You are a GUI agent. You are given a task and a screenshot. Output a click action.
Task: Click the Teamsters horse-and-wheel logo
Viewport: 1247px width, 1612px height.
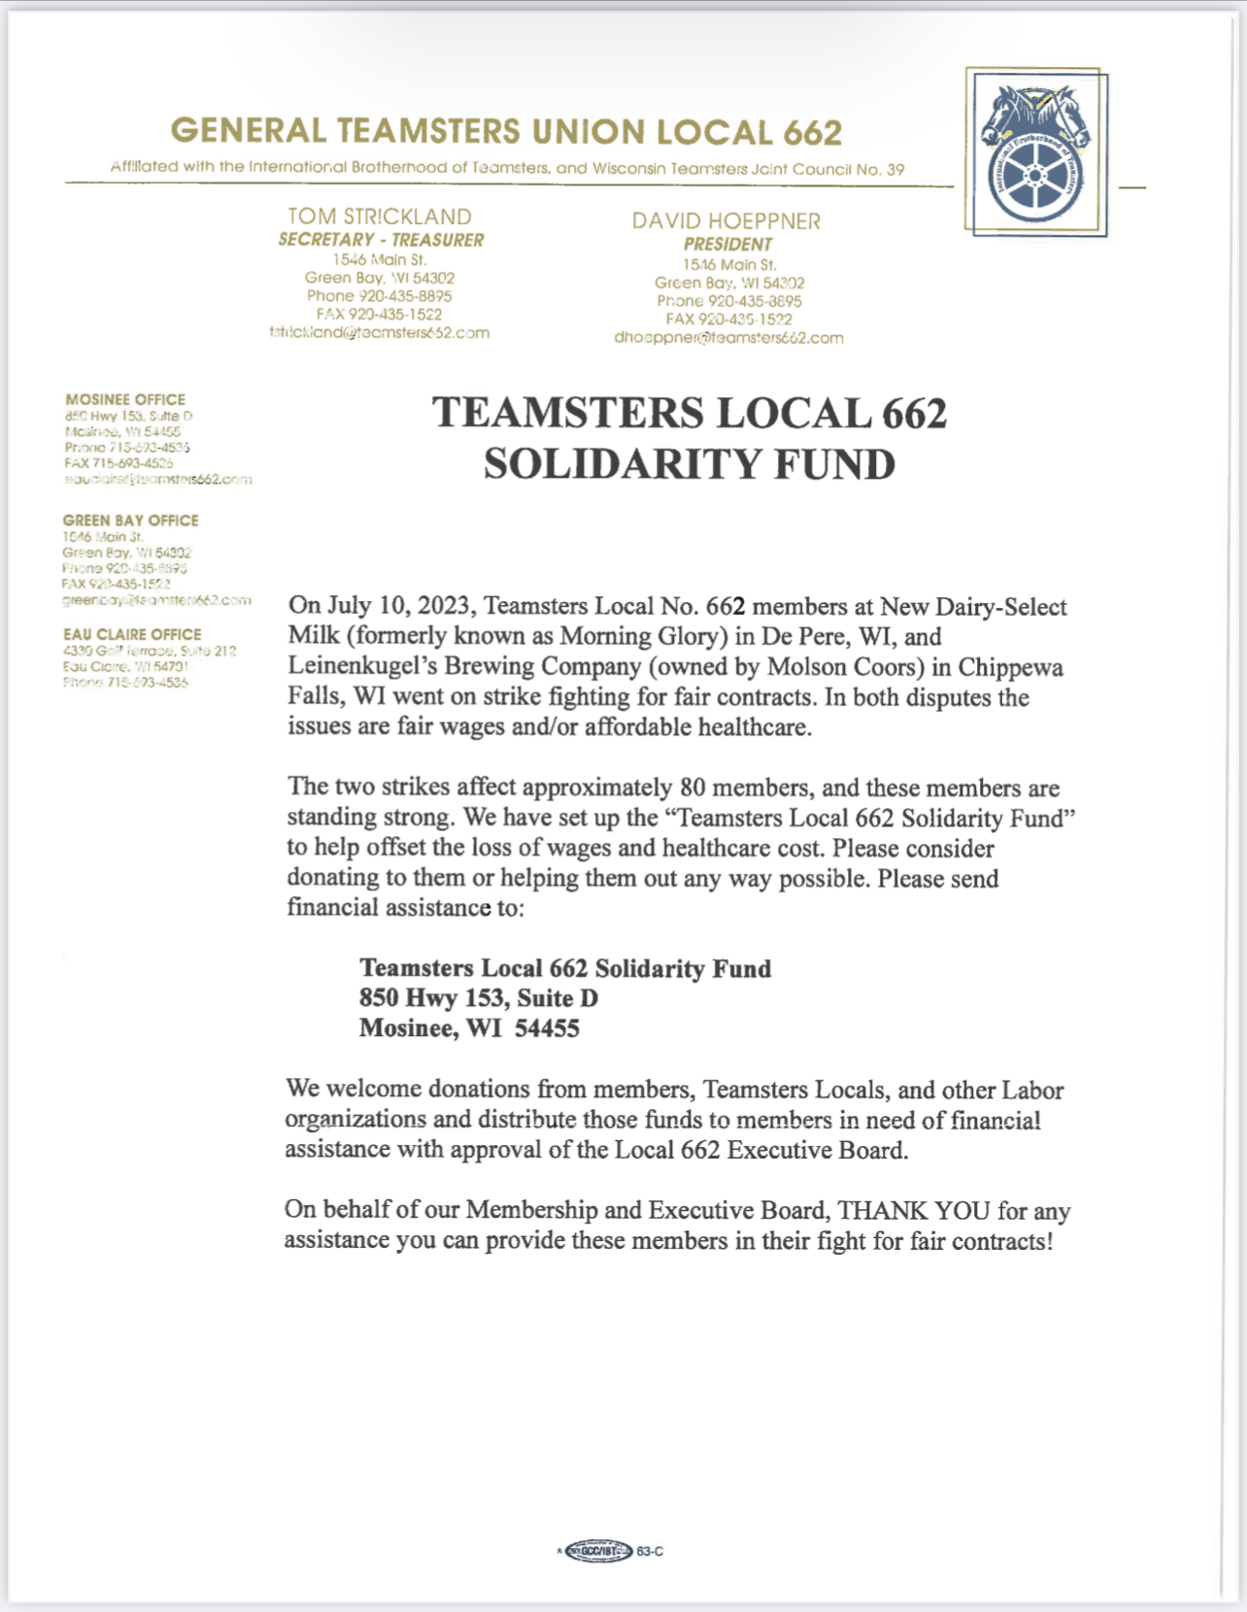tap(1035, 152)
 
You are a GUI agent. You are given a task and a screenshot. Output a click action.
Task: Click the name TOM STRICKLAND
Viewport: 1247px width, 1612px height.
tap(380, 217)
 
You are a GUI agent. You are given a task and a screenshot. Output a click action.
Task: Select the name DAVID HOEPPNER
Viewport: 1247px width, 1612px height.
tap(726, 221)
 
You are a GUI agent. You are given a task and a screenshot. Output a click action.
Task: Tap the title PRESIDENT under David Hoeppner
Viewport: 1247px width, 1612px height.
tap(727, 244)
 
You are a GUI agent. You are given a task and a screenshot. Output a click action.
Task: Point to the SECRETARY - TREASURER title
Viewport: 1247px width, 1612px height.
tap(381, 240)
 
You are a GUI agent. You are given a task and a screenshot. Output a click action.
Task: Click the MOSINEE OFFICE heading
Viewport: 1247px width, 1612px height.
tap(125, 399)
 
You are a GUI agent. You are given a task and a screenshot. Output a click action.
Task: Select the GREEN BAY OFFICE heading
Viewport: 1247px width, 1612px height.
tap(130, 521)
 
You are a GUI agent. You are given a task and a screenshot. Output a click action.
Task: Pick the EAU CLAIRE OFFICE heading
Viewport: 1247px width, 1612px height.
tap(132, 634)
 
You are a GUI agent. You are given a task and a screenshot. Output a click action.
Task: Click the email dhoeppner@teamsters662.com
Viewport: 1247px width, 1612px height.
tap(728, 338)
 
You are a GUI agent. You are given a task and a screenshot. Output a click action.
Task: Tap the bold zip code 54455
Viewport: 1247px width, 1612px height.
tap(547, 1028)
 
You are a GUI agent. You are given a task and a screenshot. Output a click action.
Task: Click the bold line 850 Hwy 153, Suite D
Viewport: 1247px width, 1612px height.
tap(479, 998)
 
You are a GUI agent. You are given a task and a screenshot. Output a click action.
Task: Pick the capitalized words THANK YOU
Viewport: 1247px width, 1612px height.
tap(914, 1211)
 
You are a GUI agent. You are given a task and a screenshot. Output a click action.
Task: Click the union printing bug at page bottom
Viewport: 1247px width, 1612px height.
tap(599, 1551)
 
